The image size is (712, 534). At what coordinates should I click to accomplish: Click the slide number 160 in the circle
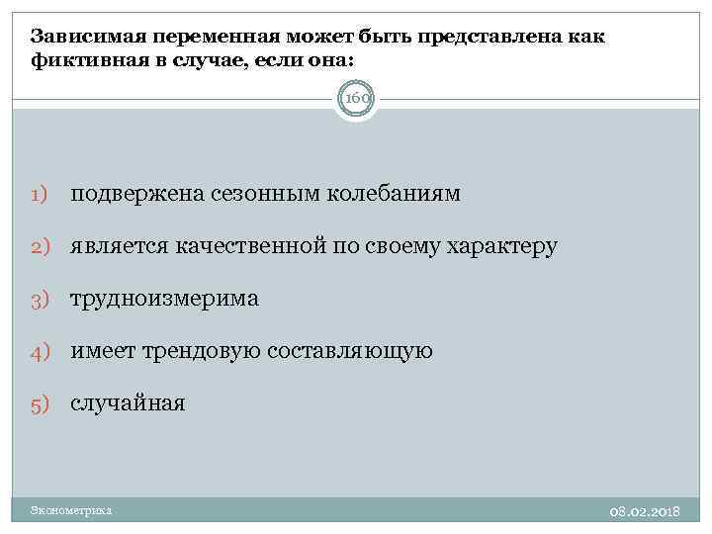point(355,99)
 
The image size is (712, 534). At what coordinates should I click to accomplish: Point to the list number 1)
point(41,194)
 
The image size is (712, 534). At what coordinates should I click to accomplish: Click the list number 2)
point(41,246)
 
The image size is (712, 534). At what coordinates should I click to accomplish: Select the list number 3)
point(41,299)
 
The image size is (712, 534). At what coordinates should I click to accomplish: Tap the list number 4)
point(41,351)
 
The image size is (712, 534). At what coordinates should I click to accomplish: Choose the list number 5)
point(41,403)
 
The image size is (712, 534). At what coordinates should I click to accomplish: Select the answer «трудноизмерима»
point(164,299)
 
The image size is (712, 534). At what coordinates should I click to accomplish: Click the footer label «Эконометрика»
point(71,510)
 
